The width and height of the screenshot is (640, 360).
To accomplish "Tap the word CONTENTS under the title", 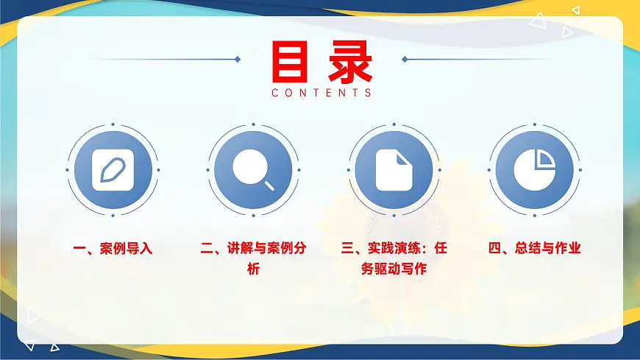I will [321, 93].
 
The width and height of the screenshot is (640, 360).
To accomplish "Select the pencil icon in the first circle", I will [113, 170].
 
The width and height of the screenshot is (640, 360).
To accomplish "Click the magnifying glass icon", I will [252, 170].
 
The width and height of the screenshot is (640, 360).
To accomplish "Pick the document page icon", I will [393, 170].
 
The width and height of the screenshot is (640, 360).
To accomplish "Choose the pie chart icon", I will [534, 170].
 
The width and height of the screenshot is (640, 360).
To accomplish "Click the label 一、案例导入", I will [113, 248].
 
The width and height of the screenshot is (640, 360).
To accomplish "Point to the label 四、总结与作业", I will [535, 248].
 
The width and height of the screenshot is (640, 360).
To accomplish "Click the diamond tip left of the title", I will [237, 59].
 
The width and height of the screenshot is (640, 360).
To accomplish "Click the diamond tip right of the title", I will [405, 59].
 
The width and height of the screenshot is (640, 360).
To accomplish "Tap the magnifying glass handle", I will [269, 186].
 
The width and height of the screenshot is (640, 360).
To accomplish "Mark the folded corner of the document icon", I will [402, 158].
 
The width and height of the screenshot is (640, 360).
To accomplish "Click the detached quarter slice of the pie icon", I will [545, 158].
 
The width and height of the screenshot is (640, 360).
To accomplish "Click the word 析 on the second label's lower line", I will [253, 269].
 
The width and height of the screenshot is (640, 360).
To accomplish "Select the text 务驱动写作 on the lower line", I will [394, 269].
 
